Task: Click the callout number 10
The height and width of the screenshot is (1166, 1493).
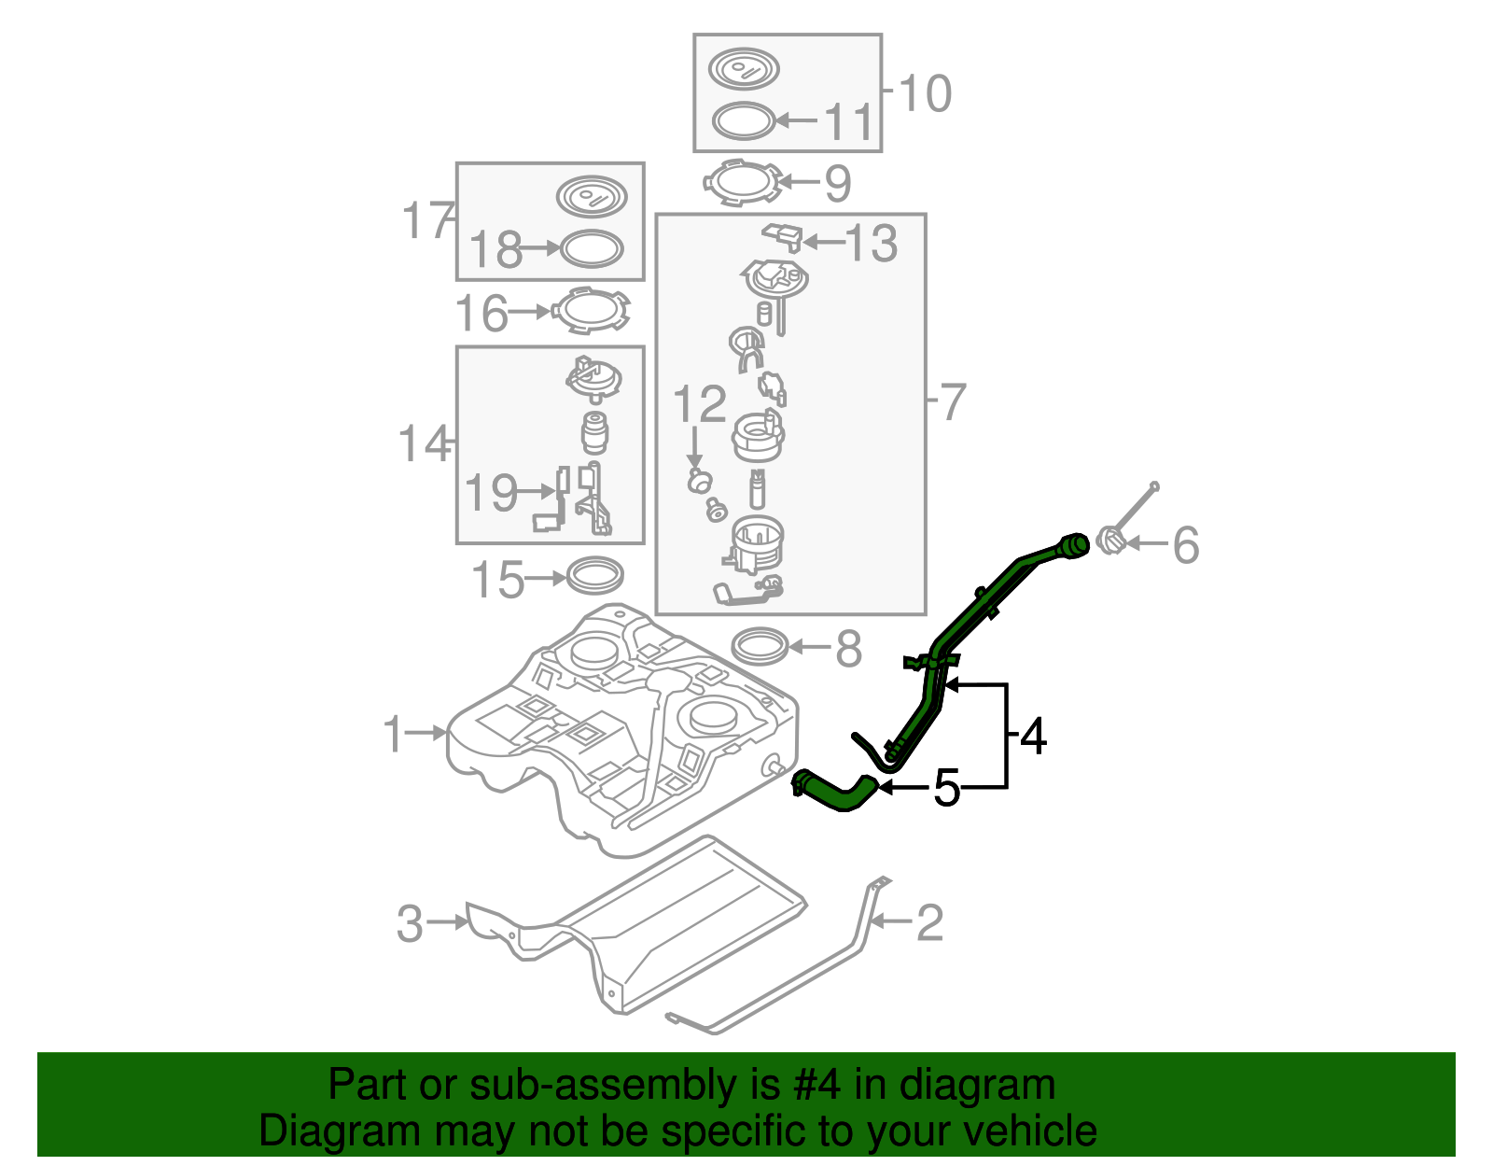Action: click(925, 94)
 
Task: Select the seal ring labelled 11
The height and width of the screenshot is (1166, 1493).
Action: click(744, 121)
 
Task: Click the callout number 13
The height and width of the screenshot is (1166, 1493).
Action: click(871, 243)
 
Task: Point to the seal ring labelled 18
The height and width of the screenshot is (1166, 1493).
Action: click(591, 248)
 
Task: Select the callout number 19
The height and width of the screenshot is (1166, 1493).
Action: click(491, 493)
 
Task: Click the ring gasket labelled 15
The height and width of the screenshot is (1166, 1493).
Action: click(594, 576)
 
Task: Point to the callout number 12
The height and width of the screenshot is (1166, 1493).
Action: click(699, 405)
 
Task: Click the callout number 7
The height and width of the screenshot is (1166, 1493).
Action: click(952, 403)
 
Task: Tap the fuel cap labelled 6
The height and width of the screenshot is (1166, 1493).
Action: click(1110, 540)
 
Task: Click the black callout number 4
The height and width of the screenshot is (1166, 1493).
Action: click(1033, 738)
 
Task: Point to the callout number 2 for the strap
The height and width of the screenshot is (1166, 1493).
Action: click(929, 923)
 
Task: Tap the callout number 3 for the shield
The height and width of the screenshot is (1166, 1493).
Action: click(411, 924)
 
